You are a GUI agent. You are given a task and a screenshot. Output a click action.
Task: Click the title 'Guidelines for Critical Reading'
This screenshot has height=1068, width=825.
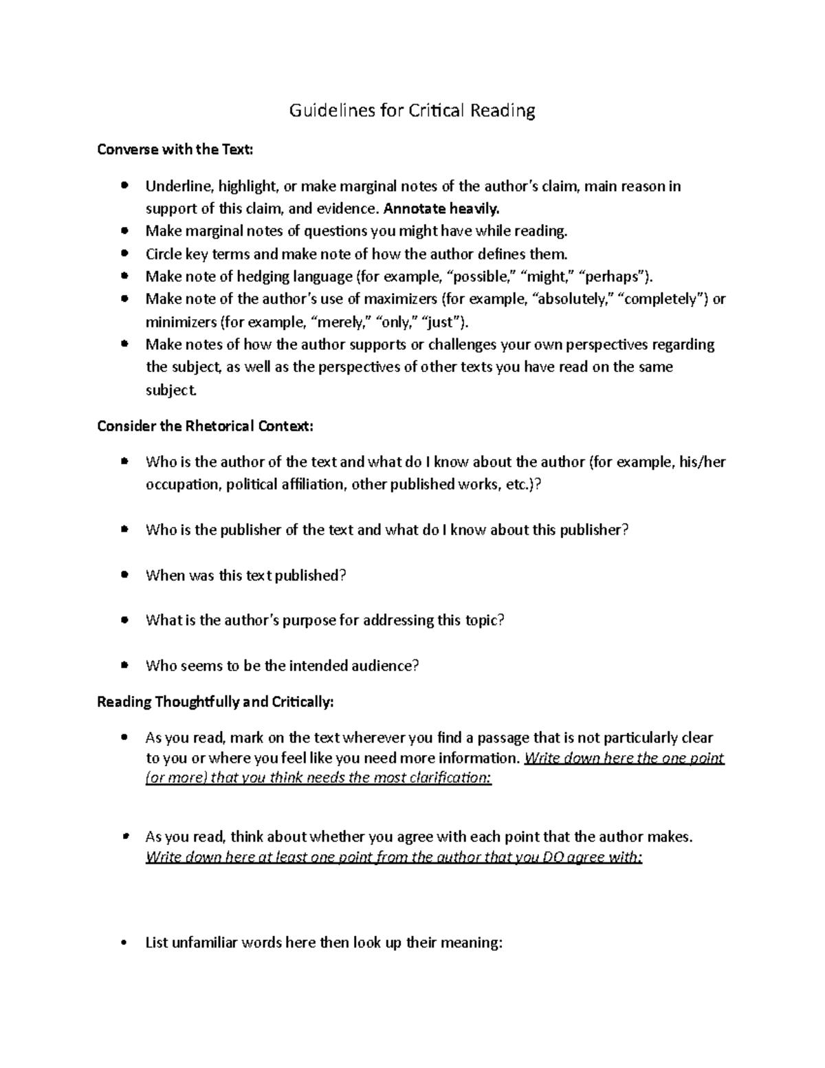[x=411, y=111]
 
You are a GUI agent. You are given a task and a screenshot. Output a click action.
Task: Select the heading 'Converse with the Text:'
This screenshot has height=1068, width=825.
[x=175, y=149]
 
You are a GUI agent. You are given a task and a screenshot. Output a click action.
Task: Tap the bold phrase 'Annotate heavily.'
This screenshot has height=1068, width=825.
[x=443, y=208]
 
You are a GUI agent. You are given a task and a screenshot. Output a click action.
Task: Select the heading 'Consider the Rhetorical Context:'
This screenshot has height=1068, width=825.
[x=205, y=426]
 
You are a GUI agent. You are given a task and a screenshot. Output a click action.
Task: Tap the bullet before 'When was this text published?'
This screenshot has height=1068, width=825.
[x=124, y=574]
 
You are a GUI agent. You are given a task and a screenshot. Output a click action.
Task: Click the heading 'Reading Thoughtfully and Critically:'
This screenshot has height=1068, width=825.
[x=215, y=702]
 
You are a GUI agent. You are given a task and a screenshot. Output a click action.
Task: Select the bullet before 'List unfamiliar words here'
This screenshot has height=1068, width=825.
[x=124, y=943]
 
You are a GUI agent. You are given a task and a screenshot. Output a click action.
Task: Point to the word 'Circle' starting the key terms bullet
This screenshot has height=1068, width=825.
[x=164, y=254]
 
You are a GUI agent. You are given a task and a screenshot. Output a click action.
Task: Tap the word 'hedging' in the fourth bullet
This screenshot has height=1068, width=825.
[x=264, y=276]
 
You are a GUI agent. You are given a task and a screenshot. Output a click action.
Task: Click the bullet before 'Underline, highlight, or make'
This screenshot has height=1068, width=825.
[x=124, y=186]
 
